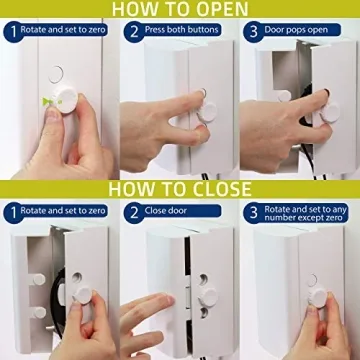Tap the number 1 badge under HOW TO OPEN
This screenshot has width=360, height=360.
point(10,32)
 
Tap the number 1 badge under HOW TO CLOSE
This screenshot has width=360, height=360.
point(10,212)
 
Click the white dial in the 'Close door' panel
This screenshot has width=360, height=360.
point(209,295)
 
